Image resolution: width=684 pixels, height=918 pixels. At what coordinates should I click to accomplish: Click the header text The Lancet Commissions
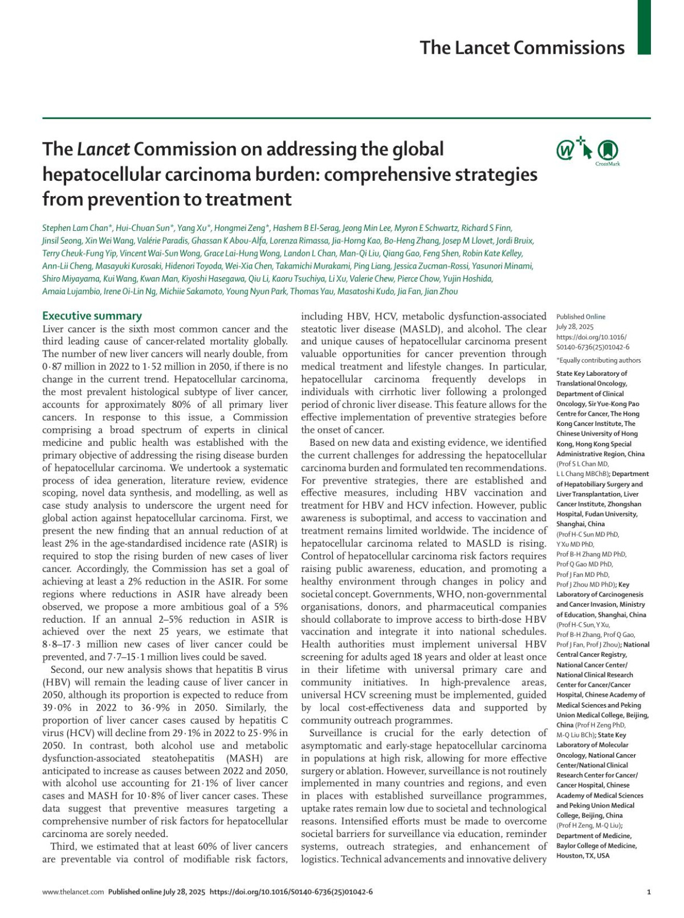pyautogui.click(x=522, y=47)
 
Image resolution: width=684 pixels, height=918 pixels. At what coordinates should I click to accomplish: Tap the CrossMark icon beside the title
pyautogui.click(x=608, y=151)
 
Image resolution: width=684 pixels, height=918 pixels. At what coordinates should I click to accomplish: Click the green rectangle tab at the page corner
pyautogui.click(x=644, y=27)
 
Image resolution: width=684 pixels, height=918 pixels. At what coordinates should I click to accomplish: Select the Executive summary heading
pyautogui.click(x=92, y=316)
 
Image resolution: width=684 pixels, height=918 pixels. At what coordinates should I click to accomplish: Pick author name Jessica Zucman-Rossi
pyautogui.click(x=437, y=266)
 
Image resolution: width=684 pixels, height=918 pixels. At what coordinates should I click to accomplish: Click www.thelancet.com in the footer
pyautogui.click(x=73, y=892)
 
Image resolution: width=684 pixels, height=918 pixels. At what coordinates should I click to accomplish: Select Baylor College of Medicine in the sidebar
pyautogui.click(x=597, y=846)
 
